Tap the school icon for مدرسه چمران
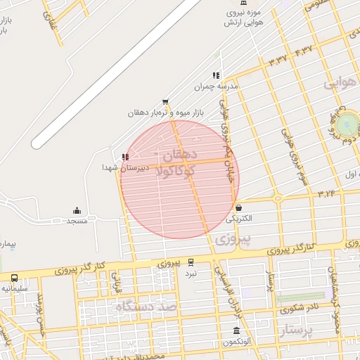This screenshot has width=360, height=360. [x=216, y=75]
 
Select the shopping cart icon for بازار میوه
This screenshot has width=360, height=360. [x=165, y=102]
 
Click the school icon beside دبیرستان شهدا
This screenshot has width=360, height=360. [x=125, y=157]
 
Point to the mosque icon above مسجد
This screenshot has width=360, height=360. [x=77, y=210]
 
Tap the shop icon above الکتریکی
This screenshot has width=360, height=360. [x=239, y=208]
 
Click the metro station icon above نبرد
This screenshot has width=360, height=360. [x=191, y=262]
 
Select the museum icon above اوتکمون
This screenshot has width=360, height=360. [x=235, y=331]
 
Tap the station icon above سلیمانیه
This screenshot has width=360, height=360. [x=15, y=278]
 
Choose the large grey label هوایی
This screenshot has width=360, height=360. [x=341, y=83]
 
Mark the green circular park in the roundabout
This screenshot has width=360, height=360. [x=346, y=125]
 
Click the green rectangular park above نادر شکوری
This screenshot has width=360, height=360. [x=300, y=297]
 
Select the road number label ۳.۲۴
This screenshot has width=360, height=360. [x=326, y=192]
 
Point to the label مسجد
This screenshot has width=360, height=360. [x=77, y=221]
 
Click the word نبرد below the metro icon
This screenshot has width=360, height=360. [x=191, y=272]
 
